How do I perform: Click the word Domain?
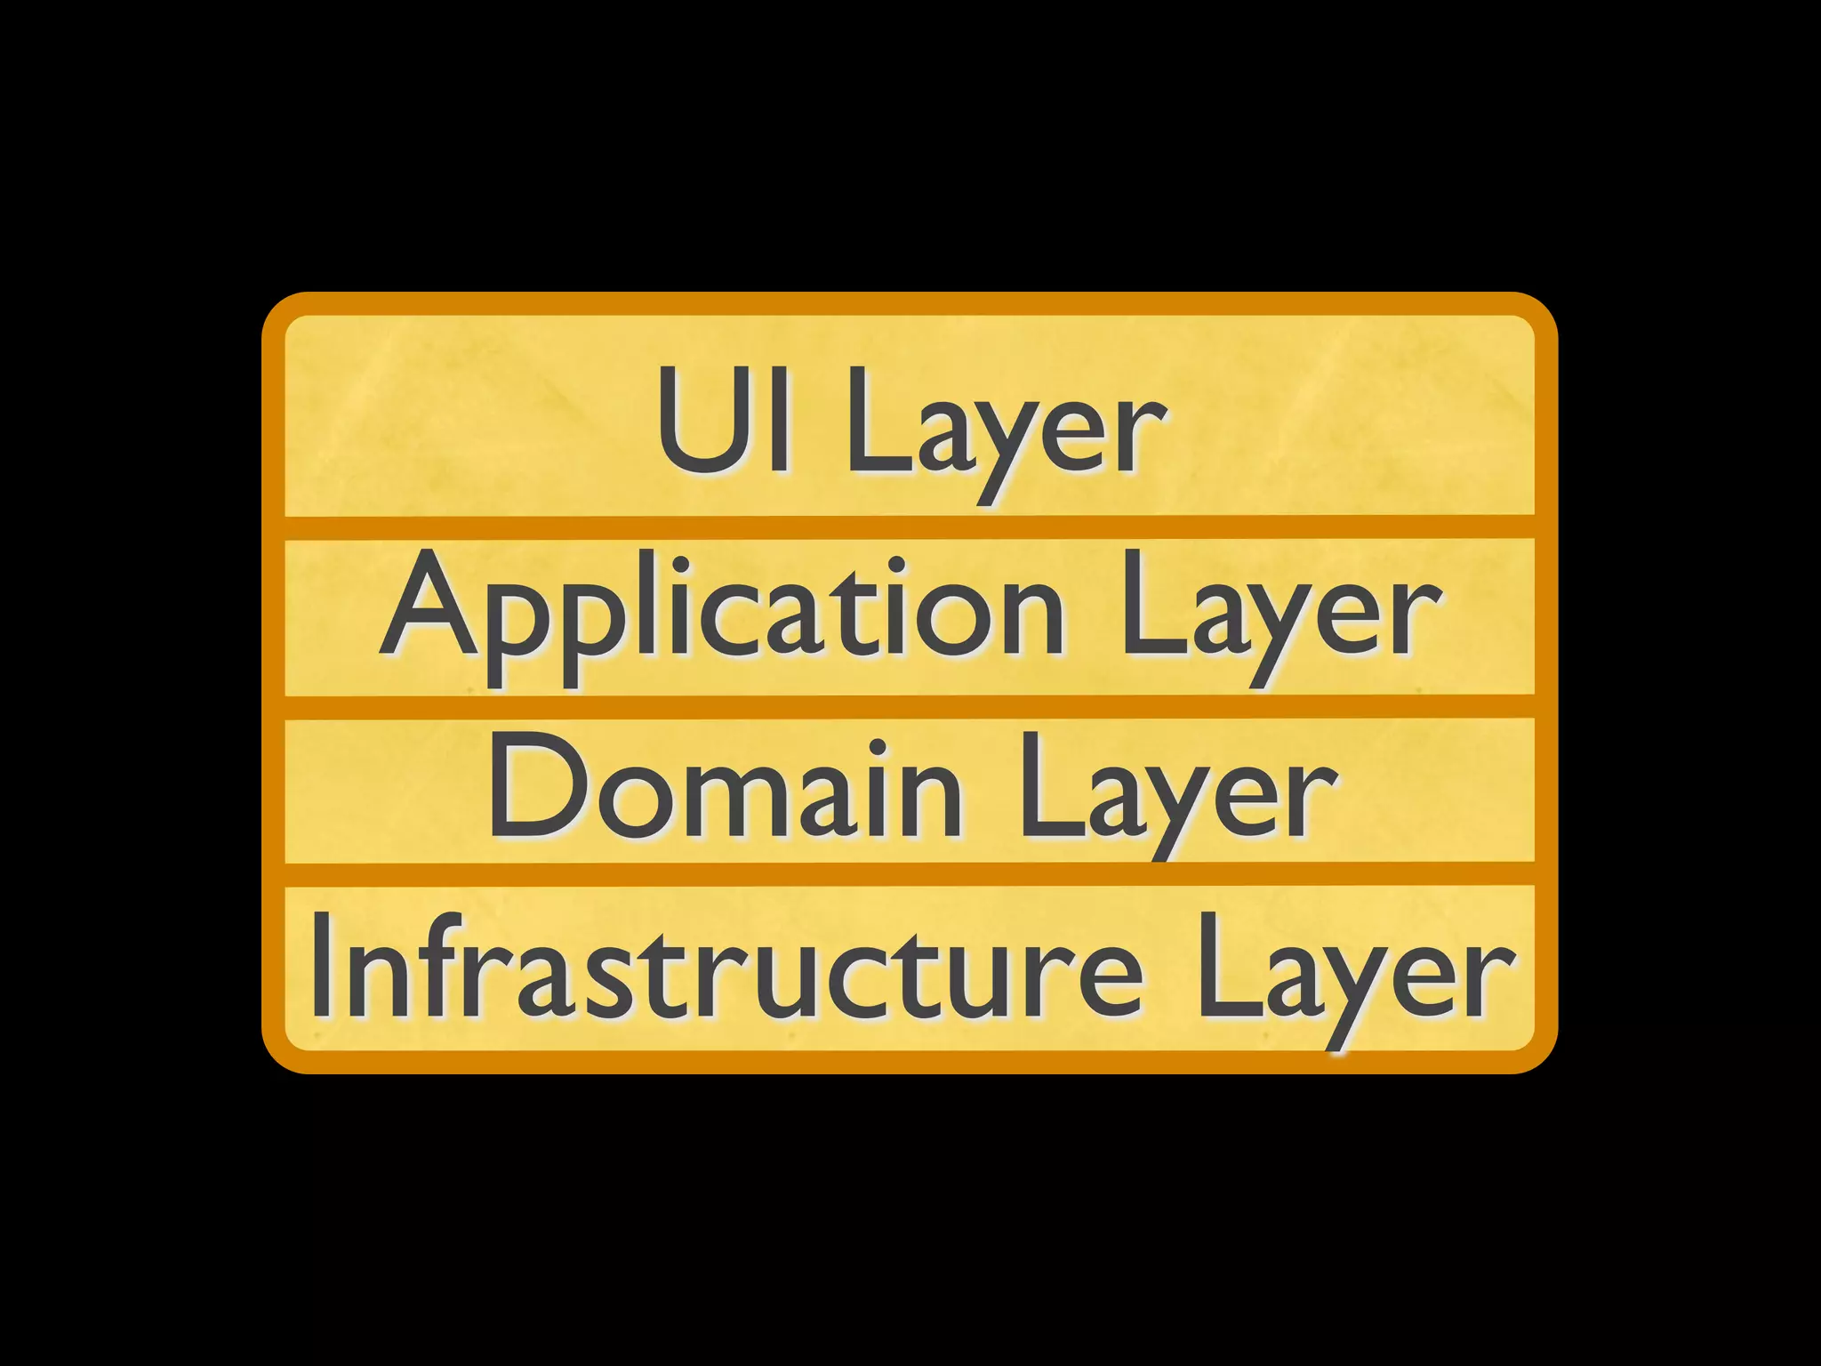(725, 786)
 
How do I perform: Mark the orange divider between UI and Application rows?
(909, 526)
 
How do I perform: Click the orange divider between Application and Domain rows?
(909, 706)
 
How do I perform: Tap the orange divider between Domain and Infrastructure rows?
(909, 873)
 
